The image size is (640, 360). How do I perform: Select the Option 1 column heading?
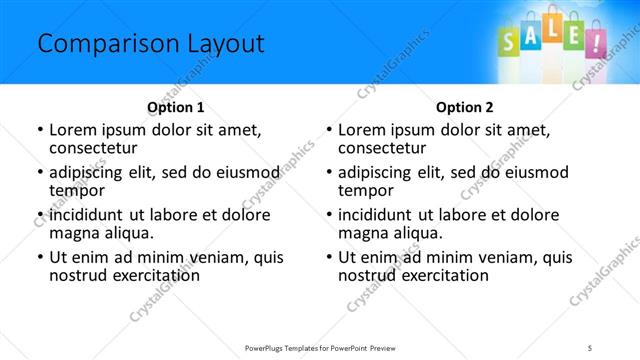tap(176, 106)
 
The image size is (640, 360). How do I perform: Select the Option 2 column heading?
tap(465, 106)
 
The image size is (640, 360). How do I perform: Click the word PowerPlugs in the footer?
tap(267, 347)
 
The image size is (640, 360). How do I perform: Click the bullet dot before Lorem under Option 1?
tap(39, 129)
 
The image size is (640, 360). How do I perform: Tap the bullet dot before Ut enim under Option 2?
tap(329, 256)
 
